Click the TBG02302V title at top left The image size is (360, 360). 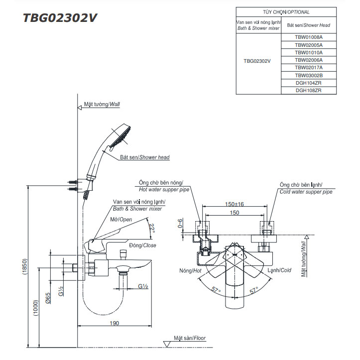pyautogui.click(x=60, y=17)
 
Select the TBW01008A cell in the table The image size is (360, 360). pyautogui.click(x=309, y=37)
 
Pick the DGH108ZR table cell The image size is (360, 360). pyautogui.click(x=309, y=91)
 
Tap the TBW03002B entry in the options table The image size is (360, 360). pyautogui.click(x=309, y=75)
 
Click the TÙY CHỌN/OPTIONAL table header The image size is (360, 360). pyautogui.click(x=286, y=12)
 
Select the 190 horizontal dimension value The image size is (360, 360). pyautogui.click(x=114, y=324)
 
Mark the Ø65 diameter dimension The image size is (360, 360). pyautogui.click(x=48, y=298)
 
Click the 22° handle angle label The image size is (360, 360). pyautogui.click(x=152, y=228)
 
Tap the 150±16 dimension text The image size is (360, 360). pyautogui.click(x=234, y=204)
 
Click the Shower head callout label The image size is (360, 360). pyautogui.click(x=144, y=157)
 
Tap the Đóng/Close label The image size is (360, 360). pyautogui.click(x=142, y=245)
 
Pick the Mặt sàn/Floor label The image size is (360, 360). pyautogui.click(x=190, y=338)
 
